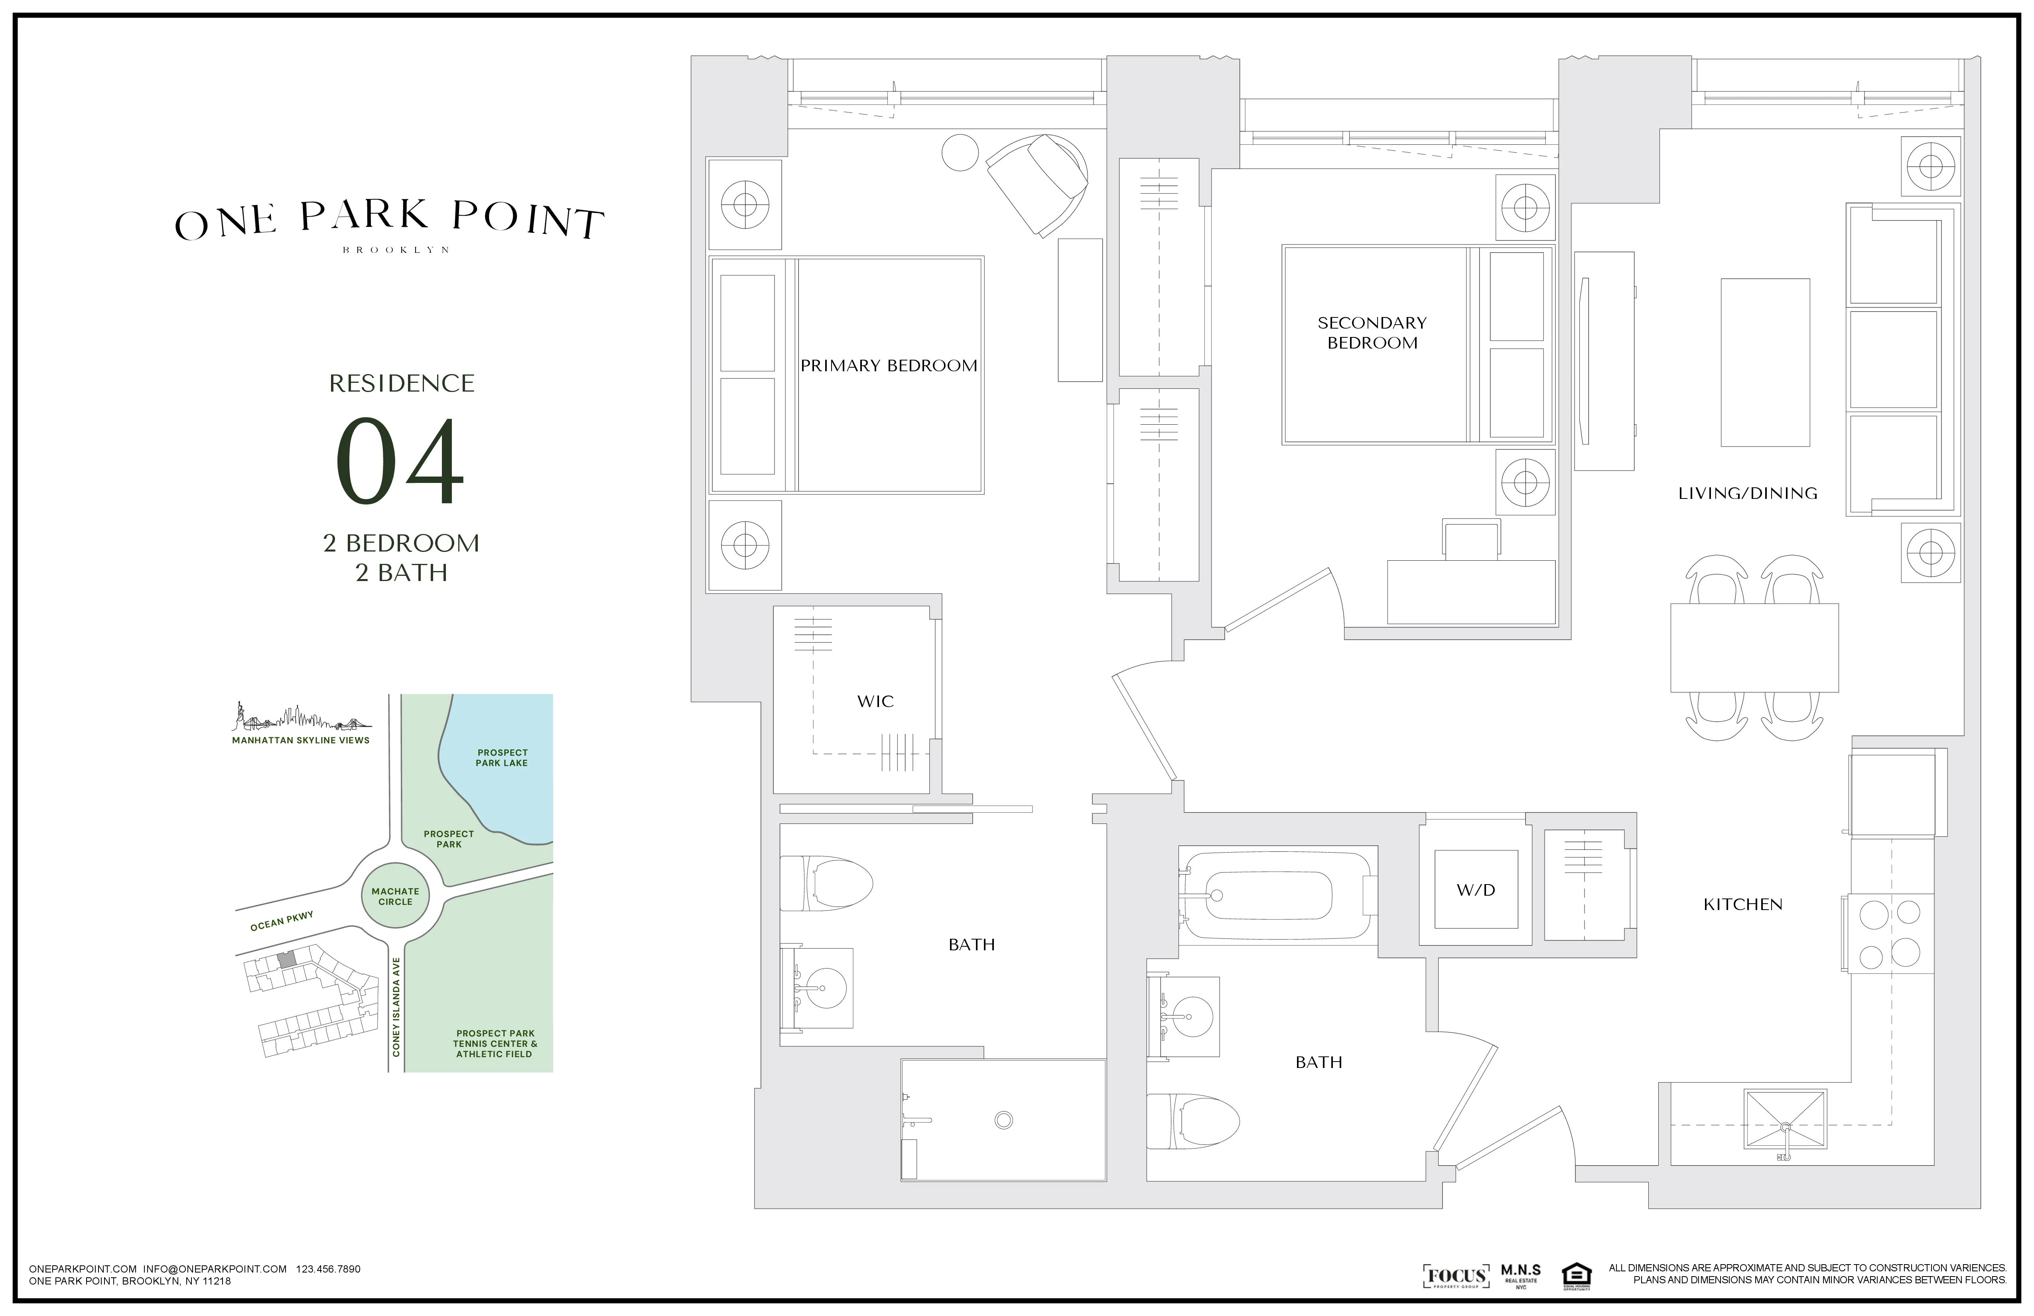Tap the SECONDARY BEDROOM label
[1372, 333]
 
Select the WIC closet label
[875, 701]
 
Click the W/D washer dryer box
[1476, 890]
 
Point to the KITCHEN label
[1742, 904]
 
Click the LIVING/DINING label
[1748, 493]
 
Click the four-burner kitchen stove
[1890, 933]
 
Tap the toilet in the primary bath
[827, 883]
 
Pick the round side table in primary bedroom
[960, 153]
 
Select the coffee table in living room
[1765, 362]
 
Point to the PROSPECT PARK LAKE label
[502, 758]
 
